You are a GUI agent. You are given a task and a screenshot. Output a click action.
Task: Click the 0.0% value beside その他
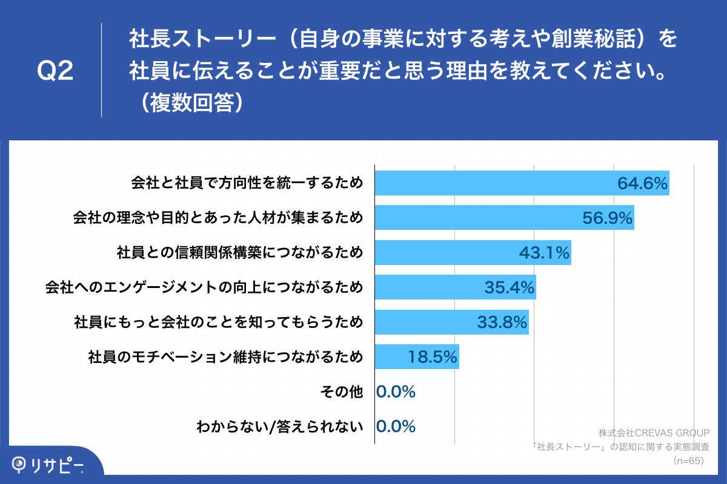(396, 392)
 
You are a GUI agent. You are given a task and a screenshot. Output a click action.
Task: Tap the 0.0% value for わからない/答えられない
(396, 427)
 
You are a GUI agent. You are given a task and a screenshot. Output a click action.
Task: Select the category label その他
(341, 392)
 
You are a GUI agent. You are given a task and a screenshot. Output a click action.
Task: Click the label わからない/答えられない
(280, 427)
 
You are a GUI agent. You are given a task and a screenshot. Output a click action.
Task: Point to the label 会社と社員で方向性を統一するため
(247, 183)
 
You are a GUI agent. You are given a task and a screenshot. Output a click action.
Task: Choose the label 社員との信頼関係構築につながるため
(240, 253)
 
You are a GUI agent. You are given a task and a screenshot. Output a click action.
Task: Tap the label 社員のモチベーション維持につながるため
(225, 357)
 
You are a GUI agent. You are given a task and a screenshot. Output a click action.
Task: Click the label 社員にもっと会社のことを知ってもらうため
(218, 322)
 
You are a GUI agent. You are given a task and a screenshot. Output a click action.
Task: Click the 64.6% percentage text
(642, 183)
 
